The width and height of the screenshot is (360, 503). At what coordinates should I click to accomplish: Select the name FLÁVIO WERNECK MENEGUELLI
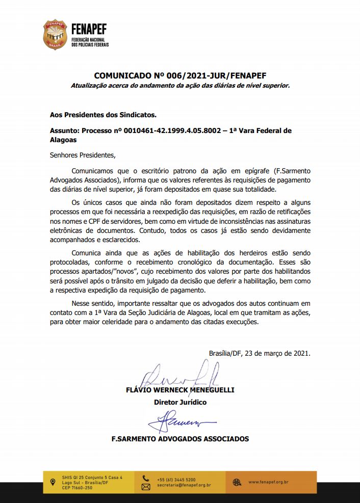pyautogui.click(x=180, y=390)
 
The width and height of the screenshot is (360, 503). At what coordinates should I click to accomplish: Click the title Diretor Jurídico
pyautogui.click(x=180, y=402)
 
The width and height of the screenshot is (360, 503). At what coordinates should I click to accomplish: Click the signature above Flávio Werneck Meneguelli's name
pyautogui.click(x=179, y=375)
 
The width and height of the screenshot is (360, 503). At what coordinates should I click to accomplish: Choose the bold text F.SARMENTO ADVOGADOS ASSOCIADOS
pyautogui.click(x=180, y=438)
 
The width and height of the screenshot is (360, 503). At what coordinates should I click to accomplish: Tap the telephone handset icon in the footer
pyautogui.click(x=146, y=479)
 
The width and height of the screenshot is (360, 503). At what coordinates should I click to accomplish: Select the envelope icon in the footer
pyautogui.click(x=146, y=487)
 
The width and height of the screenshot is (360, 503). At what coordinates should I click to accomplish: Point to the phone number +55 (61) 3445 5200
pyautogui.click(x=176, y=480)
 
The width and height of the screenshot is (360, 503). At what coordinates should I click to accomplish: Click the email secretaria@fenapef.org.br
pyautogui.click(x=185, y=486)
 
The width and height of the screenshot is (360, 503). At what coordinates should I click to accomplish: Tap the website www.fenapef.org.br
pyautogui.click(x=269, y=482)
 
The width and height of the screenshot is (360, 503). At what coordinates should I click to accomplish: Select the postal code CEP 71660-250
pyautogui.click(x=77, y=488)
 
